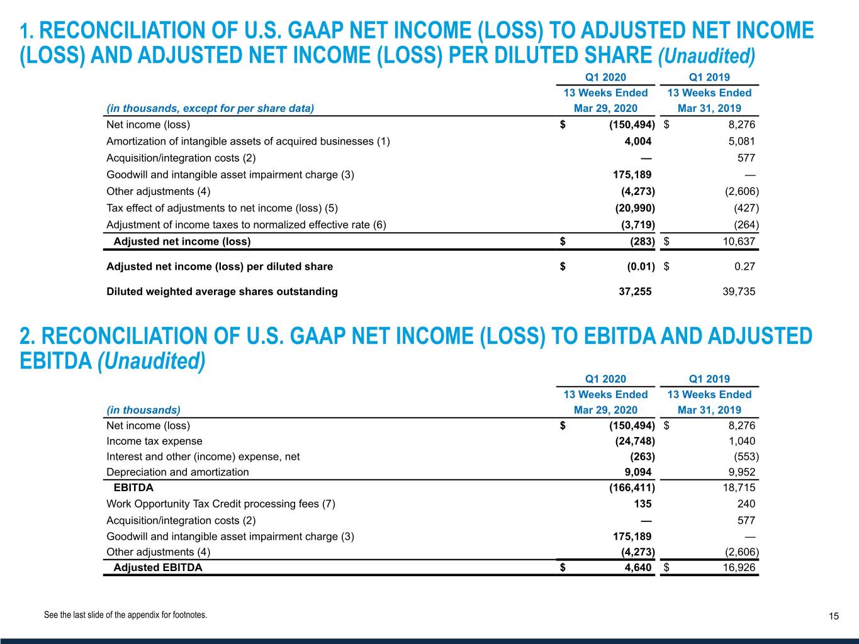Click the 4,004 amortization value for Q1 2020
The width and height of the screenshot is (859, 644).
(x=637, y=142)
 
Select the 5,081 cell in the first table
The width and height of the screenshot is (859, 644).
(x=741, y=142)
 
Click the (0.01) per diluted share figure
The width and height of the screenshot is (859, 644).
(x=641, y=267)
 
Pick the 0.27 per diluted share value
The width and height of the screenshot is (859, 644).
(x=744, y=267)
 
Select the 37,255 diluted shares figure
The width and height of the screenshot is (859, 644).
(x=635, y=292)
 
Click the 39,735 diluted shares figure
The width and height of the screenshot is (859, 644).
(x=739, y=292)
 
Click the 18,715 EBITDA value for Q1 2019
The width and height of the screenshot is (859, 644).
(x=739, y=487)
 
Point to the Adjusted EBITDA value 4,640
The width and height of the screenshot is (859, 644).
(x=637, y=568)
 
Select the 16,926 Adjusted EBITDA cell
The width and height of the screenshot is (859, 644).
(x=739, y=568)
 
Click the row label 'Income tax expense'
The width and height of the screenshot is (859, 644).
(x=154, y=441)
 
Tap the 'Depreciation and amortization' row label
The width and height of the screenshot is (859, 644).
(x=177, y=472)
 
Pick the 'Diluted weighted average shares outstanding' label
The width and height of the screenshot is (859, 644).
(x=222, y=292)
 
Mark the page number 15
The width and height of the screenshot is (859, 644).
(x=834, y=616)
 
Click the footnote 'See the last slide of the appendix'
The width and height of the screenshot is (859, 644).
(x=125, y=615)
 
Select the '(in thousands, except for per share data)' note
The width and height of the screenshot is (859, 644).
(x=210, y=108)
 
